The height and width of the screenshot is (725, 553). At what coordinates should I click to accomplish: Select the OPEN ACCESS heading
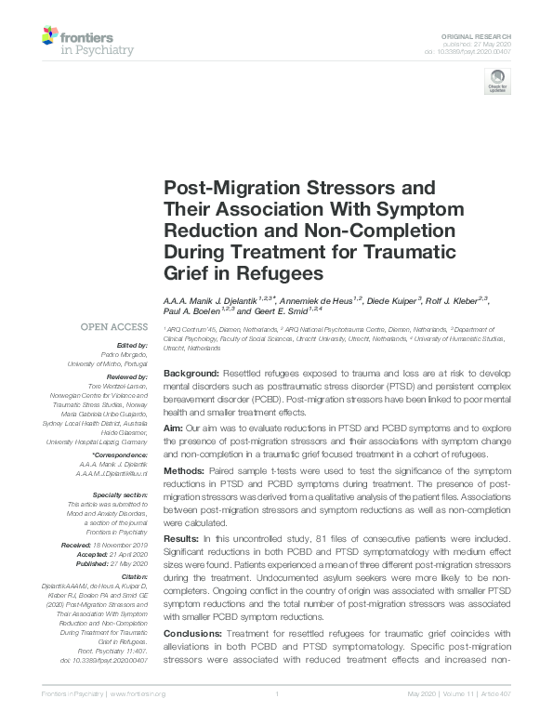click(113, 327)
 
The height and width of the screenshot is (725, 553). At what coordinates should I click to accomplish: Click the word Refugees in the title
click(278, 274)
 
